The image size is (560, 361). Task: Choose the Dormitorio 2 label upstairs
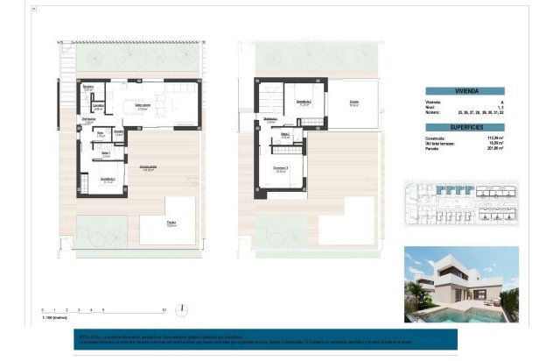pyautogui.click(x=304, y=103)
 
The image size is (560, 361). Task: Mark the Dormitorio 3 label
pyautogui.click(x=280, y=170)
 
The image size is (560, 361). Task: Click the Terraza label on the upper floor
pyautogui.click(x=354, y=103)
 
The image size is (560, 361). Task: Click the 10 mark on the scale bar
pyautogui.click(x=164, y=311)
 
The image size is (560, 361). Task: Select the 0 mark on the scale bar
pyautogui.click(x=43, y=311)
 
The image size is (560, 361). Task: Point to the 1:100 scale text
pyautogui.click(x=54, y=320)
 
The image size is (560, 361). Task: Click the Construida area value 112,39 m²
pyautogui.click(x=502, y=137)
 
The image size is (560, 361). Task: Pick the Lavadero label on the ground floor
pyautogui.click(x=99, y=106)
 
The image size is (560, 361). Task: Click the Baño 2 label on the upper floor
pyautogui.click(x=285, y=136)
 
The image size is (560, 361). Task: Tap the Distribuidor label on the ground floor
pyautogui.click(x=89, y=120)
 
